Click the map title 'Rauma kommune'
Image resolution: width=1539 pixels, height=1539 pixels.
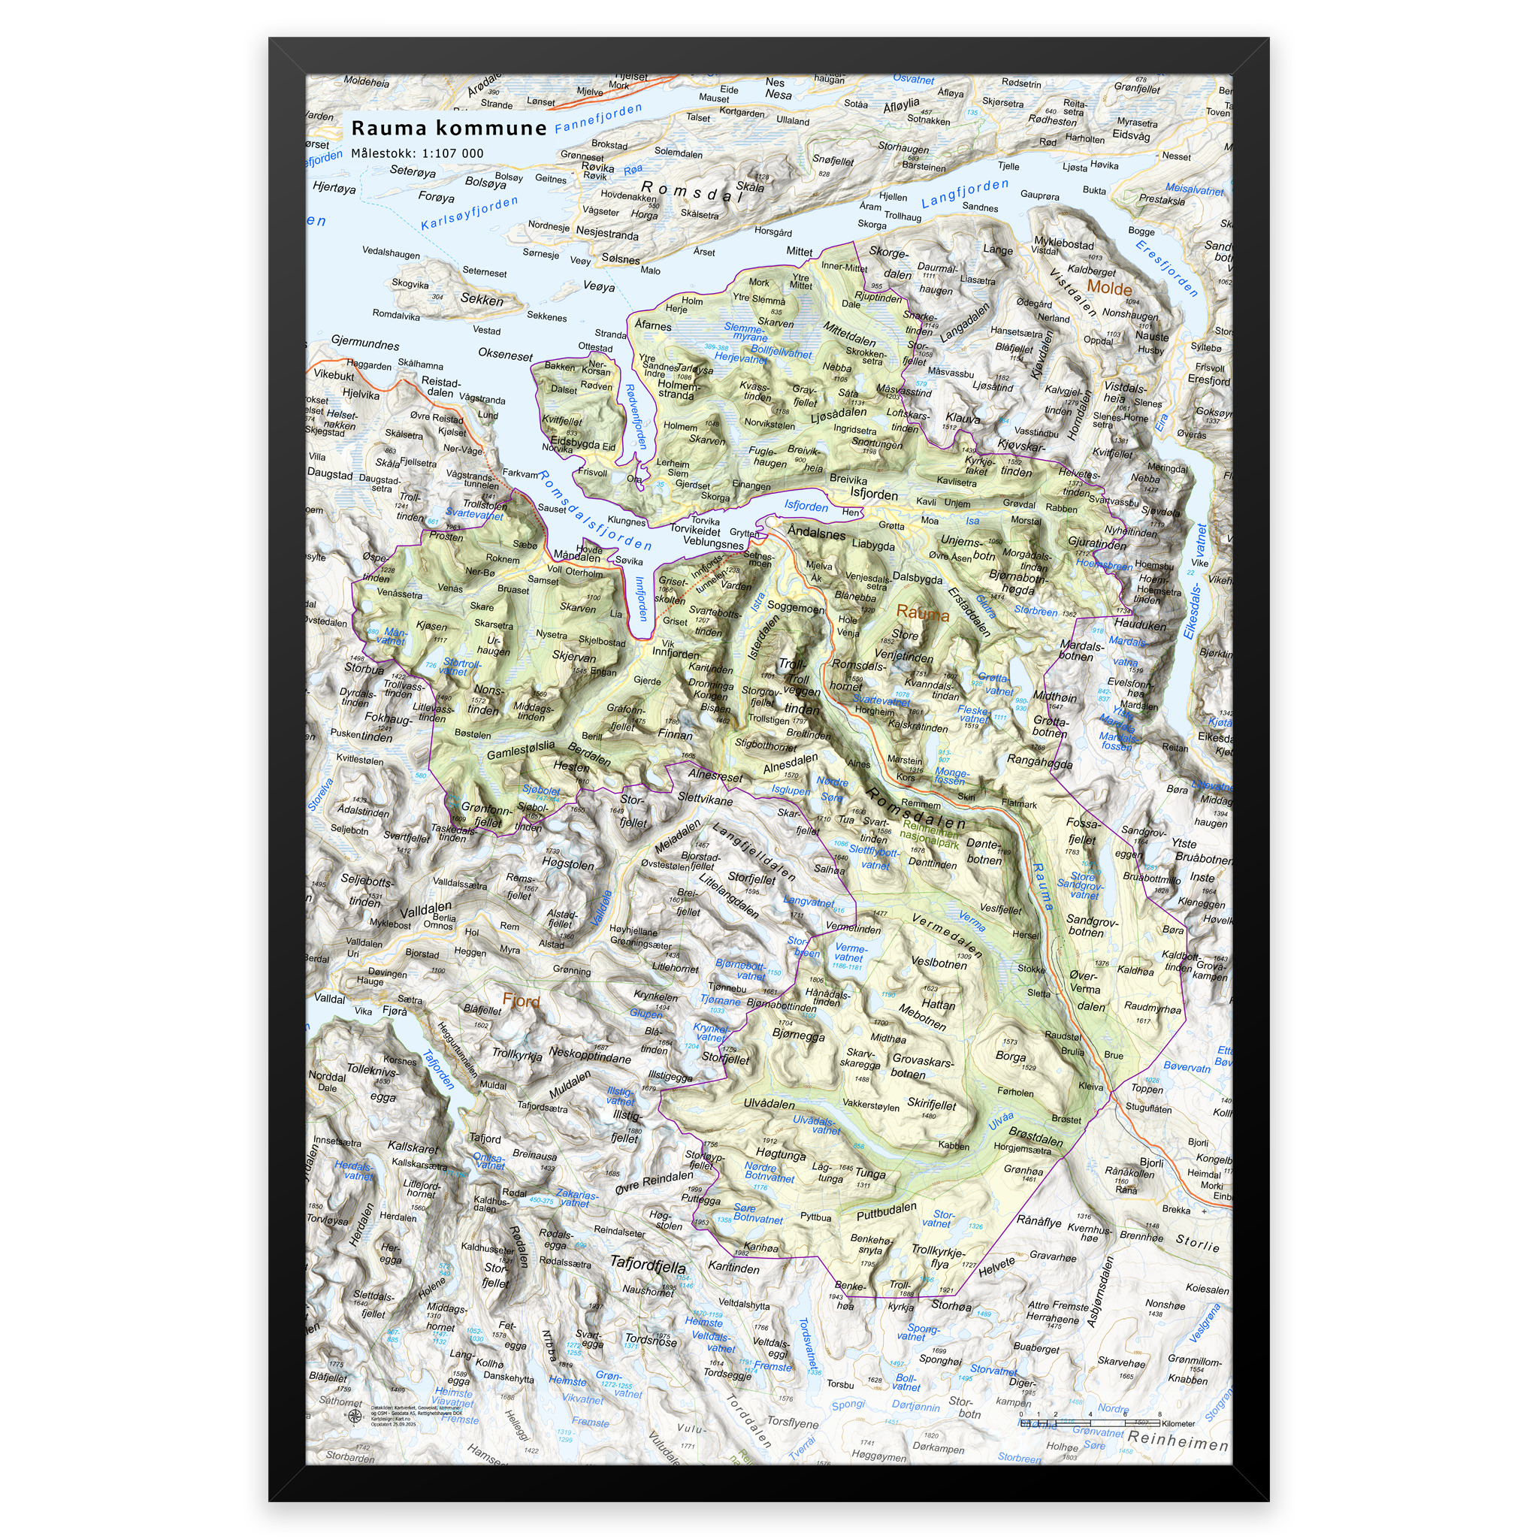click(x=449, y=129)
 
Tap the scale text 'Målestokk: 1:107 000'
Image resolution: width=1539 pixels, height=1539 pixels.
click(x=416, y=154)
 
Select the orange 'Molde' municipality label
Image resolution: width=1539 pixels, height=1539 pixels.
click(x=1109, y=289)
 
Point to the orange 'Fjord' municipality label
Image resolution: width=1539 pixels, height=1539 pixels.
click(x=521, y=1000)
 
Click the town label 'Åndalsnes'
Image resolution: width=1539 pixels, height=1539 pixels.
click(x=817, y=532)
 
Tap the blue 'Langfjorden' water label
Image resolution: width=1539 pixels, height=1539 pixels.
click(x=965, y=194)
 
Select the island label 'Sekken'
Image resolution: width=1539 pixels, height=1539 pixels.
click(x=482, y=300)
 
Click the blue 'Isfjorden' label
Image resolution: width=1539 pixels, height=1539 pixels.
click(x=806, y=506)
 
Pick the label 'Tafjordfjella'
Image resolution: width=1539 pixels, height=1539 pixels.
click(x=647, y=1262)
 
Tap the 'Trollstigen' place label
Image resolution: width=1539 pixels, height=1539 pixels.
click(x=768, y=718)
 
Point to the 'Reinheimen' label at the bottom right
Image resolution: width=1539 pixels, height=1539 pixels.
click(x=1178, y=1441)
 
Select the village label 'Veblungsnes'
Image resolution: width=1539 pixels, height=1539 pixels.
click(x=713, y=543)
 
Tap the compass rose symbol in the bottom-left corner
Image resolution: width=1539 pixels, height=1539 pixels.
click(x=355, y=1415)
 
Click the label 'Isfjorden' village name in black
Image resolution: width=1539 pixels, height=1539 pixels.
click(x=873, y=494)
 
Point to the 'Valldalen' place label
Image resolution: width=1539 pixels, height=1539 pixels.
click(x=425, y=910)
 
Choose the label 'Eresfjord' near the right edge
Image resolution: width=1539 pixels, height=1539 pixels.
click(x=1208, y=380)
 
